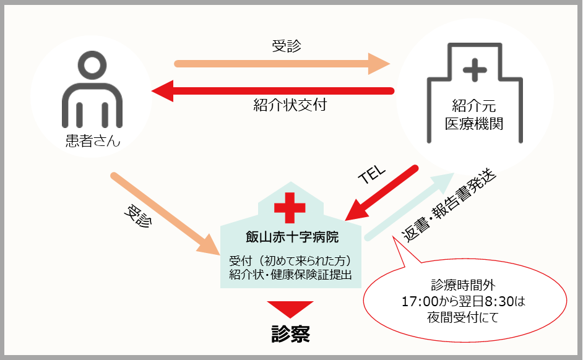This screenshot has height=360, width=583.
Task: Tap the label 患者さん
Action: tap(92, 142)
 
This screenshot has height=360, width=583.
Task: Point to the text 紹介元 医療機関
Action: tap(475, 114)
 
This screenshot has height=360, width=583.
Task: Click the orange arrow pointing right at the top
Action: tap(282, 63)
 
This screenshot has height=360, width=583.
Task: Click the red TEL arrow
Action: tap(382, 192)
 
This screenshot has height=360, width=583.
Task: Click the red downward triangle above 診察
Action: tap(290, 309)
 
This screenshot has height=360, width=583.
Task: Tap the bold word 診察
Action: tap(290, 333)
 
